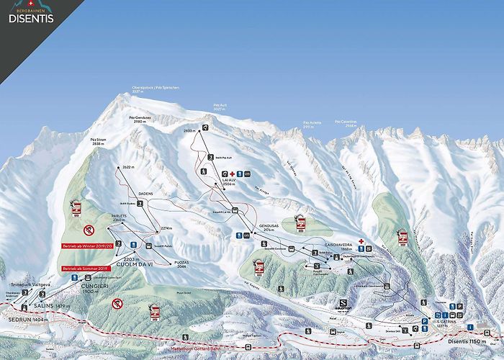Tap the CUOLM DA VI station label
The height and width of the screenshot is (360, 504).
[x=140, y=263]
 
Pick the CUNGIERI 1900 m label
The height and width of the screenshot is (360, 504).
[x=95, y=288]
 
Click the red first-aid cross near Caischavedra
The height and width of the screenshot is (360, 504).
[x=361, y=242]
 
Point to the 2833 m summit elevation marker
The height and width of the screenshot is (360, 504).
[x=189, y=130]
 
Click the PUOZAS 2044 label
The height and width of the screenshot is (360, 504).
[x=180, y=263]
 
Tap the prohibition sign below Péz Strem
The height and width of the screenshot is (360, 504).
[x=89, y=230]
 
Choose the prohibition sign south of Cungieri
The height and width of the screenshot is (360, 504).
[x=116, y=304]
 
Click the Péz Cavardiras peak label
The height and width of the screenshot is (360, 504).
[x=350, y=122]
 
